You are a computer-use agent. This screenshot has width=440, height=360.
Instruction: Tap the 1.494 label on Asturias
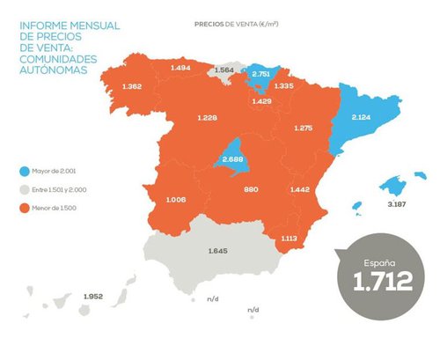180,68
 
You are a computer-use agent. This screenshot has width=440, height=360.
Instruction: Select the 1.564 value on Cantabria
224,70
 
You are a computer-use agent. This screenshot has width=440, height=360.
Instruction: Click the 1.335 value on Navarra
282,86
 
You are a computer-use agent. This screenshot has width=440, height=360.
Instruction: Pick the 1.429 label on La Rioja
261,102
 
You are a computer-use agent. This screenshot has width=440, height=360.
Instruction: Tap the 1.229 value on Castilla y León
208,118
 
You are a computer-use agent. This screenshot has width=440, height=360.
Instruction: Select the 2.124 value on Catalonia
362,117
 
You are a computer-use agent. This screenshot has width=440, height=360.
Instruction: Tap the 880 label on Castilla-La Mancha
251,189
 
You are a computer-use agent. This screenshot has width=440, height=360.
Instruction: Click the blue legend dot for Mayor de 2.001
24,171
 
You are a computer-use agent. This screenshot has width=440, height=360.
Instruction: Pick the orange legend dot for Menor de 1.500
24,207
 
